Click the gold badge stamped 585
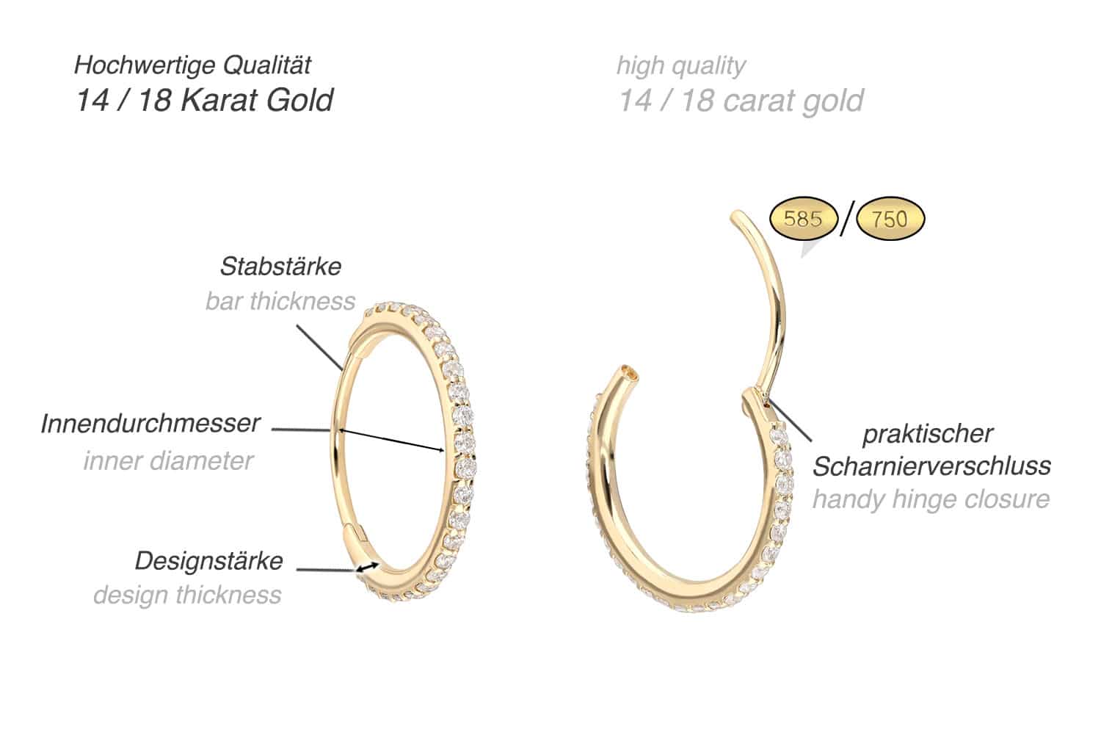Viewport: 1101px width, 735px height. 803,219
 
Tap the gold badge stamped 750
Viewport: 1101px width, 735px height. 890,219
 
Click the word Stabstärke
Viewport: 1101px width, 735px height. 280,267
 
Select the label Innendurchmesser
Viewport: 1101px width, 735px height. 150,423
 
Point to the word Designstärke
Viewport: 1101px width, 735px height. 209,561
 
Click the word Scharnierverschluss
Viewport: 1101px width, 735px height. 931,466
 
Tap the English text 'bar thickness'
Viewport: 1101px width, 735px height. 280,301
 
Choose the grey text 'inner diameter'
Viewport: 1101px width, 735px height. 168,460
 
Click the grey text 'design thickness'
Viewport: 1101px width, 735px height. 187,595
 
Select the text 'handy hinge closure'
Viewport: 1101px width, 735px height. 931,499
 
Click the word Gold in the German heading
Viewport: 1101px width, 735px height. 299,100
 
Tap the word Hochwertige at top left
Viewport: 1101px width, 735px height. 145,65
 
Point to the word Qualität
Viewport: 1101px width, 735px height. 267,65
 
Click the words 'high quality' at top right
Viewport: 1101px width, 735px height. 681,66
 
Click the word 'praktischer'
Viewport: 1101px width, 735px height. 928,434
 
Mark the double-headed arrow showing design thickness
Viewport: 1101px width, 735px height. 367,567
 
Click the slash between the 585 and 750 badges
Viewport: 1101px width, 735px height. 847,219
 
